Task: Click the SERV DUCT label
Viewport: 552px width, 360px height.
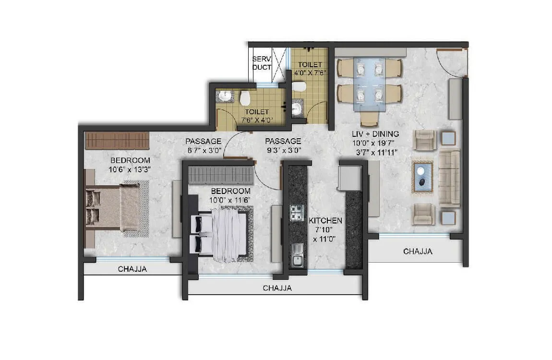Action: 262,63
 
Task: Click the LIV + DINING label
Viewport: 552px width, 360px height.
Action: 376,134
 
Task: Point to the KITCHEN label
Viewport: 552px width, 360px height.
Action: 325,221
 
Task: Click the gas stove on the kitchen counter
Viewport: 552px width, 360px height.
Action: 297,213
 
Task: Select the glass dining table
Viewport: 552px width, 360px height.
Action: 368,80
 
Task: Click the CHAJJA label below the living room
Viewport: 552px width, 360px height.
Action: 418,251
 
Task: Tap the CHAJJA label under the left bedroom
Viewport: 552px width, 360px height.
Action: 132,269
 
